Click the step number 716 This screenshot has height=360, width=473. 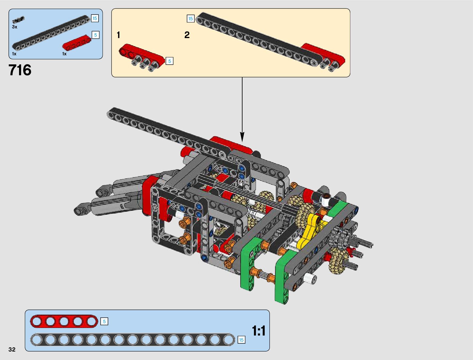pyautogui.click(x=20, y=70)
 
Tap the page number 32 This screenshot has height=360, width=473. pyautogui.click(x=12, y=349)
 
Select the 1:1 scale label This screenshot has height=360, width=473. pyautogui.click(x=258, y=331)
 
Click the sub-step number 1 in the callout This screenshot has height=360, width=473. pyautogui.click(x=118, y=35)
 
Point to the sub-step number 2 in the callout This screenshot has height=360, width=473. pyautogui.click(x=187, y=35)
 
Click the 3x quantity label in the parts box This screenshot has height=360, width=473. pyautogui.click(x=15, y=27)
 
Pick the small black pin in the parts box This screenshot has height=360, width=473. pyautogui.click(x=18, y=20)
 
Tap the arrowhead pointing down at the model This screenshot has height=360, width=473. pyautogui.click(x=242, y=137)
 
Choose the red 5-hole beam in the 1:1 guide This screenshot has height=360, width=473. pyautogui.click(x=64, y=321)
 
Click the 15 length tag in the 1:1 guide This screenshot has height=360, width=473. pyautogui.click(x=241, y=340)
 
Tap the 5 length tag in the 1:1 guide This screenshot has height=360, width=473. pyautogui.click(x=104, y=321)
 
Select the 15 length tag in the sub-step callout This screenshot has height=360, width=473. pyautogui.click(x=190, y=19)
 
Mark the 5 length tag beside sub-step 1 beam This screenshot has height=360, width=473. pyautogui.click(x=170, y=61)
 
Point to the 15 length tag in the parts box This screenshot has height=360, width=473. pyautogui.click(x=95, y=18)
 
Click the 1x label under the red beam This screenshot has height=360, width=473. pyautogui.click(x=64, y=54)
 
